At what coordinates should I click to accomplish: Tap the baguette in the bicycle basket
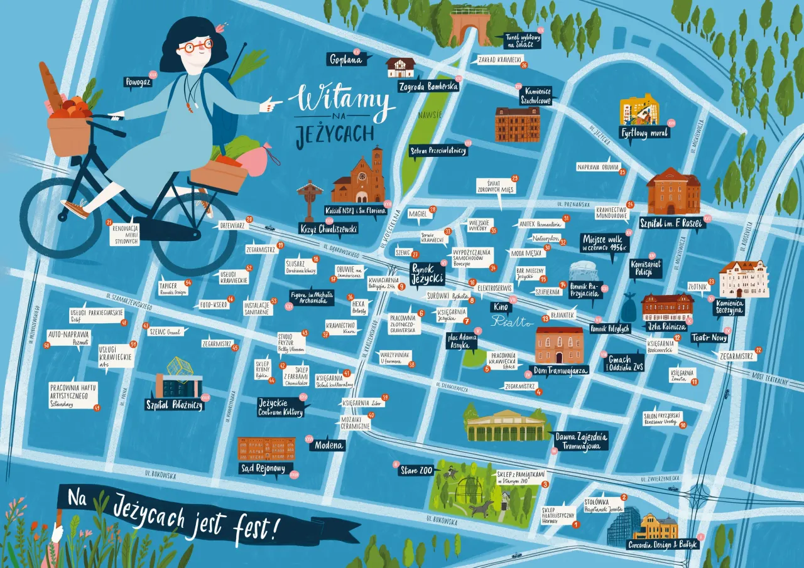tap(50, 85)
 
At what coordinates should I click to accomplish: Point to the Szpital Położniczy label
tap(174, 405)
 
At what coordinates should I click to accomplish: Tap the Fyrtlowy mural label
tap(644, 133)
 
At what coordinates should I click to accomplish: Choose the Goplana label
tap(346, 60)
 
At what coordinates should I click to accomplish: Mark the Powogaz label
tap(138, 82)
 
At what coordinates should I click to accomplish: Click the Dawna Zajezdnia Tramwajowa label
tap(581, 441)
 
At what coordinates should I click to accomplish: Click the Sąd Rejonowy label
tap(263, 468)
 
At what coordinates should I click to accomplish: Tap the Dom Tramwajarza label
tap(558, 370)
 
